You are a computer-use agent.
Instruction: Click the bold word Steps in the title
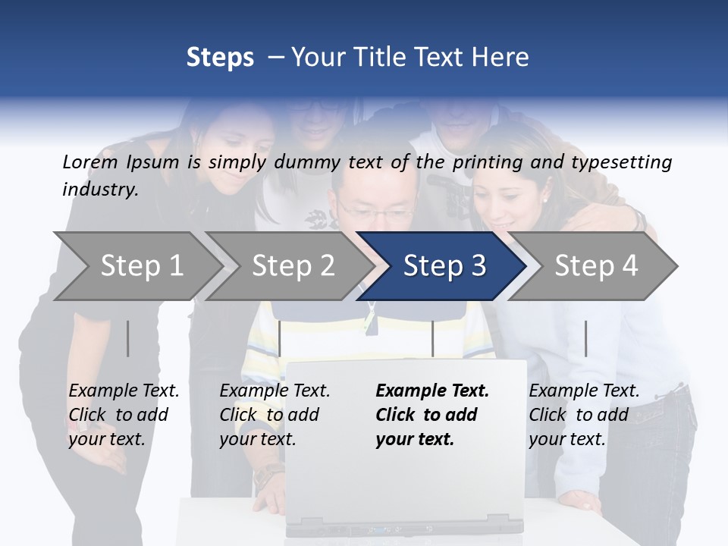220,58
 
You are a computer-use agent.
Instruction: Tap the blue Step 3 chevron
444,266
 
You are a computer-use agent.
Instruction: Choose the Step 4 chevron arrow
596,266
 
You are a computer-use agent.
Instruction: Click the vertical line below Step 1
128,338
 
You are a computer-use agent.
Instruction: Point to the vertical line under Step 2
280,338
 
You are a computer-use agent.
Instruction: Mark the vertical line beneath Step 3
432,338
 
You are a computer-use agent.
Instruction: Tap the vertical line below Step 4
585,338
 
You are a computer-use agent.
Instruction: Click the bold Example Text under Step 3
432,391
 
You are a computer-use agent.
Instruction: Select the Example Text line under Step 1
124,391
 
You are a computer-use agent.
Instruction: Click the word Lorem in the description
89,162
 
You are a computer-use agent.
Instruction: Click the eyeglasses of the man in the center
377,212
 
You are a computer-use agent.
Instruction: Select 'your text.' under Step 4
566,439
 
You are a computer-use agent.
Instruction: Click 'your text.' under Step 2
257,439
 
